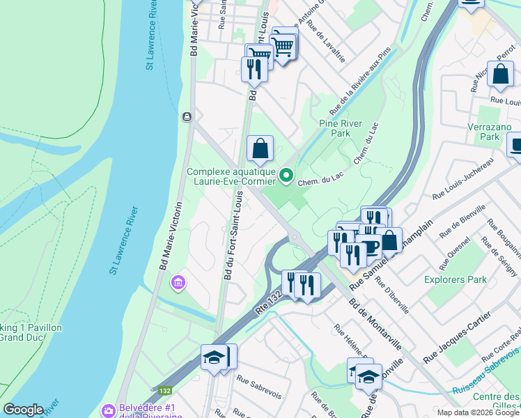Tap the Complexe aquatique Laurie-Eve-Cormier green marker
(286, 175)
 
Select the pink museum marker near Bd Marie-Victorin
(178, 283)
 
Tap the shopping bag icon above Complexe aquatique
(260, 148)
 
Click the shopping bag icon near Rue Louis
(500, 73)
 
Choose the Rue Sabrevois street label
(258, 387)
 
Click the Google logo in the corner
(24, 410)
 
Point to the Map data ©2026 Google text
(478, 412)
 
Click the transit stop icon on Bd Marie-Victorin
(187, 117)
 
